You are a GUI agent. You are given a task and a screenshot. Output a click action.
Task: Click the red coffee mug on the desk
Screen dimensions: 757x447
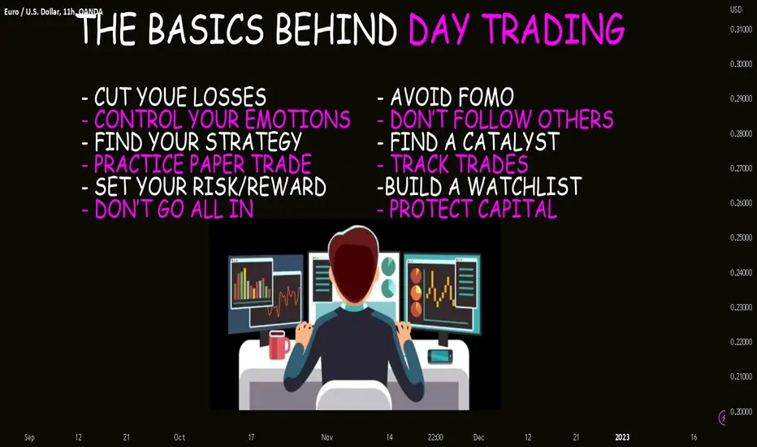point(279,345)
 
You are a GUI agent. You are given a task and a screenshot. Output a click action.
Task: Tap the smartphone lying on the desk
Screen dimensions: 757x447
point(440,356)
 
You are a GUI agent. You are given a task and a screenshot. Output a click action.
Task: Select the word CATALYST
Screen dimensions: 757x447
point(511,141)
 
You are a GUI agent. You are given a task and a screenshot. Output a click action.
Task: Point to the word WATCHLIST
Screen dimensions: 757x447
point(525,187)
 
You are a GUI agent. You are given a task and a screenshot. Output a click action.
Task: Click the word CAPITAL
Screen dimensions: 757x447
point(517,209)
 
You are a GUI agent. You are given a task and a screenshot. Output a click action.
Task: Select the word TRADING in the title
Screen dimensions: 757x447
point(553,29)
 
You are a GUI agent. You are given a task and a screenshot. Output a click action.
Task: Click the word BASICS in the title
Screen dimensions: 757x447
point(205,29)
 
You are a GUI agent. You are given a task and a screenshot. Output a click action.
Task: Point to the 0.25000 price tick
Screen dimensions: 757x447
point(741,238)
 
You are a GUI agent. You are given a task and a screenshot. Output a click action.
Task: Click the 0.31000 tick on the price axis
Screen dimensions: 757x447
point(741,29)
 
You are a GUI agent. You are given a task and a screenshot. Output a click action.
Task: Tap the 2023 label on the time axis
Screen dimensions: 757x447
point(622,437)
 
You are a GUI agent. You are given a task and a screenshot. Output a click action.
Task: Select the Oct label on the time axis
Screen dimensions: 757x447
point(180,437)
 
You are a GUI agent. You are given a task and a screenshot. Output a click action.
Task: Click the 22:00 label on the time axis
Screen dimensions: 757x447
point(435,437)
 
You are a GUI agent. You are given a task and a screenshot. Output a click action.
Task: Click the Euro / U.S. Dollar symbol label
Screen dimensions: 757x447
point(32,11)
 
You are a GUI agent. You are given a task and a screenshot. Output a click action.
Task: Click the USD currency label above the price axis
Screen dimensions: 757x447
point(736,10)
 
